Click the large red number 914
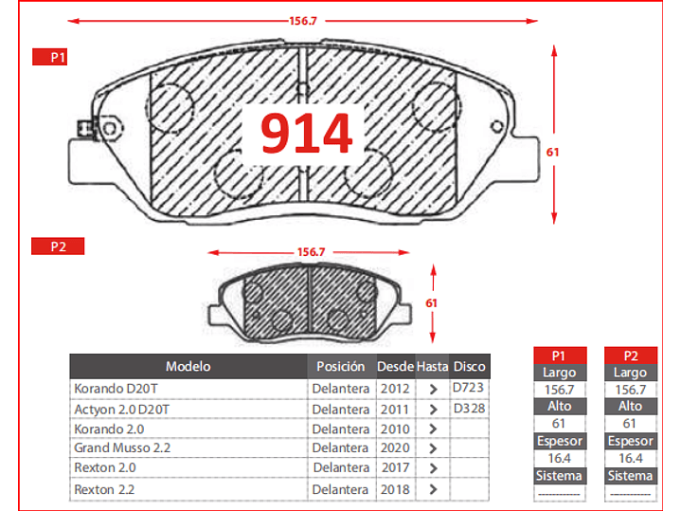pos(306,133)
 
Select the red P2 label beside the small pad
pos(58,246)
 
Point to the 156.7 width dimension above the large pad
pos(303,21)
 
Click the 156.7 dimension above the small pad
pos(311,252)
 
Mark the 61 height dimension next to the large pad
pos(552,153)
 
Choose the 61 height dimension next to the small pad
pos(431,303)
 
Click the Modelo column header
pos(188,366)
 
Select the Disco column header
pos(470,366)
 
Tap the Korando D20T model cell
pos(116,389)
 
